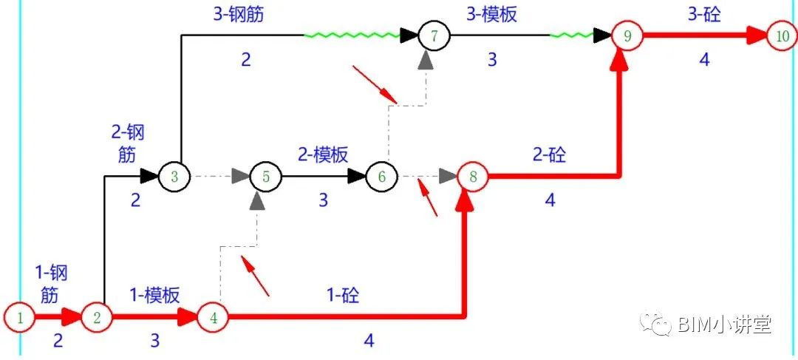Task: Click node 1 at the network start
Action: pos(21,318)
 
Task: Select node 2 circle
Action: pos(96,318)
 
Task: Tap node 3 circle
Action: pos(175,176)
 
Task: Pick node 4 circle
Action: pos(214,318)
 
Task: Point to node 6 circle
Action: pos(381,176)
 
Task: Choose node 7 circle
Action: pos(433,35)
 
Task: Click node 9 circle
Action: pos(627,35)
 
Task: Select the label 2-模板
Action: pos(323,154)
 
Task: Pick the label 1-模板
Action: pos(154,295)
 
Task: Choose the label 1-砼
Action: pos(344,295)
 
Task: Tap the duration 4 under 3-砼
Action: pos(704,60)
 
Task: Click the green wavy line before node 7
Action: pos(352,35)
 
